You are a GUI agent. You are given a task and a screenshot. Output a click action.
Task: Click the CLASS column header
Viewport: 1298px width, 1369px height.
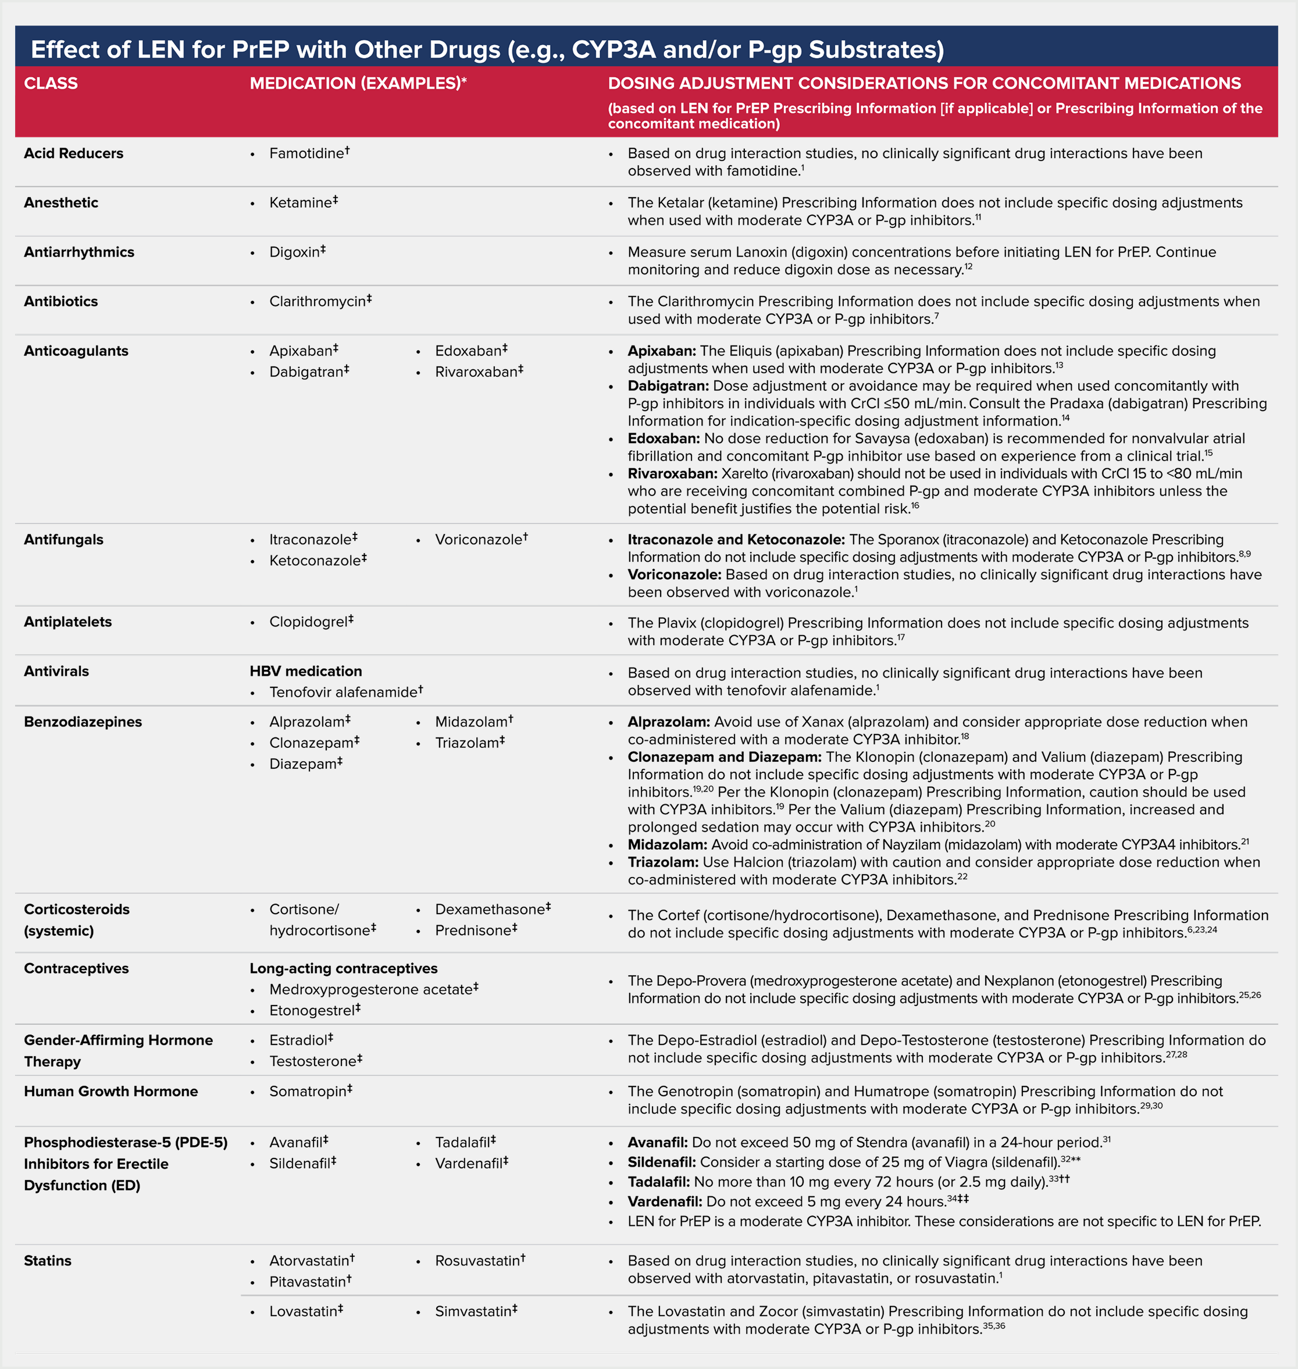51,83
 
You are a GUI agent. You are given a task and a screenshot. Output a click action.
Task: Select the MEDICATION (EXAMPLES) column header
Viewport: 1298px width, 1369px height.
357,83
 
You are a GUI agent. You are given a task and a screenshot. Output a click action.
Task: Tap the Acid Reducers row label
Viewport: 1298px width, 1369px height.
73,153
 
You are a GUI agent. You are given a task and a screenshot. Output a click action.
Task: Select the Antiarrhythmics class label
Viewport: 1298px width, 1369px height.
79,252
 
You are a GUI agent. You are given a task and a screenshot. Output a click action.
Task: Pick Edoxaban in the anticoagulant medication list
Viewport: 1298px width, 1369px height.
468,351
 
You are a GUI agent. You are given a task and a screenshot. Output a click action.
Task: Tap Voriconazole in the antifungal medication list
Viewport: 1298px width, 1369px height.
478,539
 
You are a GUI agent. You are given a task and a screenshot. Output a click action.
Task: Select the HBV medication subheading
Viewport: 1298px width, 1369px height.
306,671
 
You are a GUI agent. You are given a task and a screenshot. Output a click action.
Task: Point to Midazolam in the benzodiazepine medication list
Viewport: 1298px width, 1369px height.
470,722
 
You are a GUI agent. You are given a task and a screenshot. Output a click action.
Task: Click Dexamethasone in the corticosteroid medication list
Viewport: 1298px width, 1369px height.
490,909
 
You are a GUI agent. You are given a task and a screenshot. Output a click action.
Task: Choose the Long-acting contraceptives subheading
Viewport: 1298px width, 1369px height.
343,968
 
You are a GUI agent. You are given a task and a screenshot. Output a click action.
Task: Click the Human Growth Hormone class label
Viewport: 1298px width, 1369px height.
110,1091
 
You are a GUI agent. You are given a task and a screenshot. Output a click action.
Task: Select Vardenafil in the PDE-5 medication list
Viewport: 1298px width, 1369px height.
468,1164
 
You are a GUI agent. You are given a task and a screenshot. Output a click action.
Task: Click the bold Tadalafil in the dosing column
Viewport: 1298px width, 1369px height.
658,1182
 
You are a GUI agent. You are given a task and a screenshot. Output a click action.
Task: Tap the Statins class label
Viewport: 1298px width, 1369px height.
48,1260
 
